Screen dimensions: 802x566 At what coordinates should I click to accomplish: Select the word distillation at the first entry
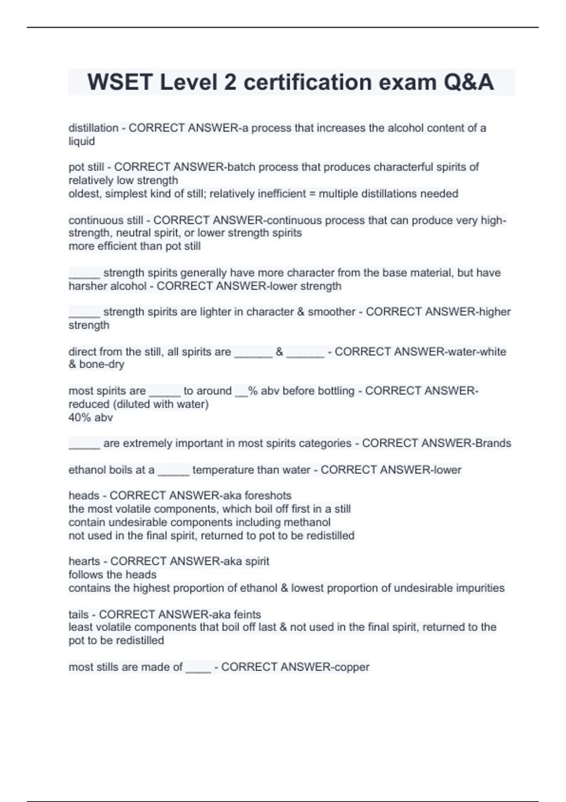93,128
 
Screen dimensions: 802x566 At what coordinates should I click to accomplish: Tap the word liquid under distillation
82,141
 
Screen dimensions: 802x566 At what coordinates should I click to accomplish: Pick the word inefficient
282,193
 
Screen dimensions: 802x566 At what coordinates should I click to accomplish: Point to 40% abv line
91,418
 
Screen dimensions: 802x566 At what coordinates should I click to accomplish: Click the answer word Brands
493,443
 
